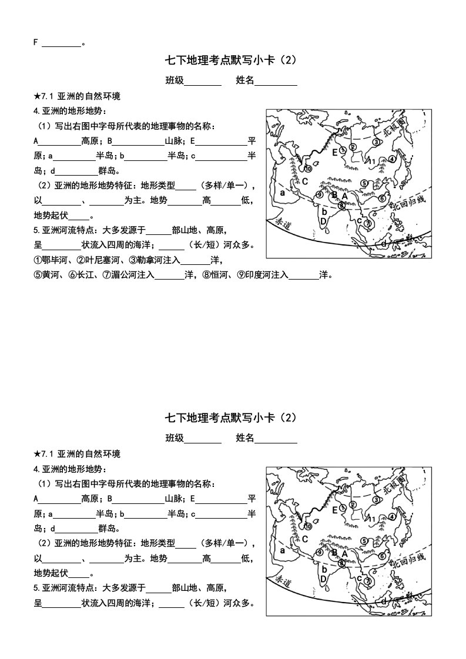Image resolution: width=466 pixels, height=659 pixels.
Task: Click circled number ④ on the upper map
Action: (x=393, y=159)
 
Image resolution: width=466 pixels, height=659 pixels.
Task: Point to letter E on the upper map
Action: (x=335, y=152)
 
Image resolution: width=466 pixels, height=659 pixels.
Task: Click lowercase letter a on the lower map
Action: (x=283, y=551)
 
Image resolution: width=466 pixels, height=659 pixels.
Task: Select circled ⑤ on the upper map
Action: (x=364, y=183)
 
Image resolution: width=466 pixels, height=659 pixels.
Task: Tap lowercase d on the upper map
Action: (x=383, y=243)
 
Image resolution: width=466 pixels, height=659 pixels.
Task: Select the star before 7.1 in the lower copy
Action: (x=38, y=454)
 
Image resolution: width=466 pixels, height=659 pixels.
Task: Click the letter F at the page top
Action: (x=36, y=42)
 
